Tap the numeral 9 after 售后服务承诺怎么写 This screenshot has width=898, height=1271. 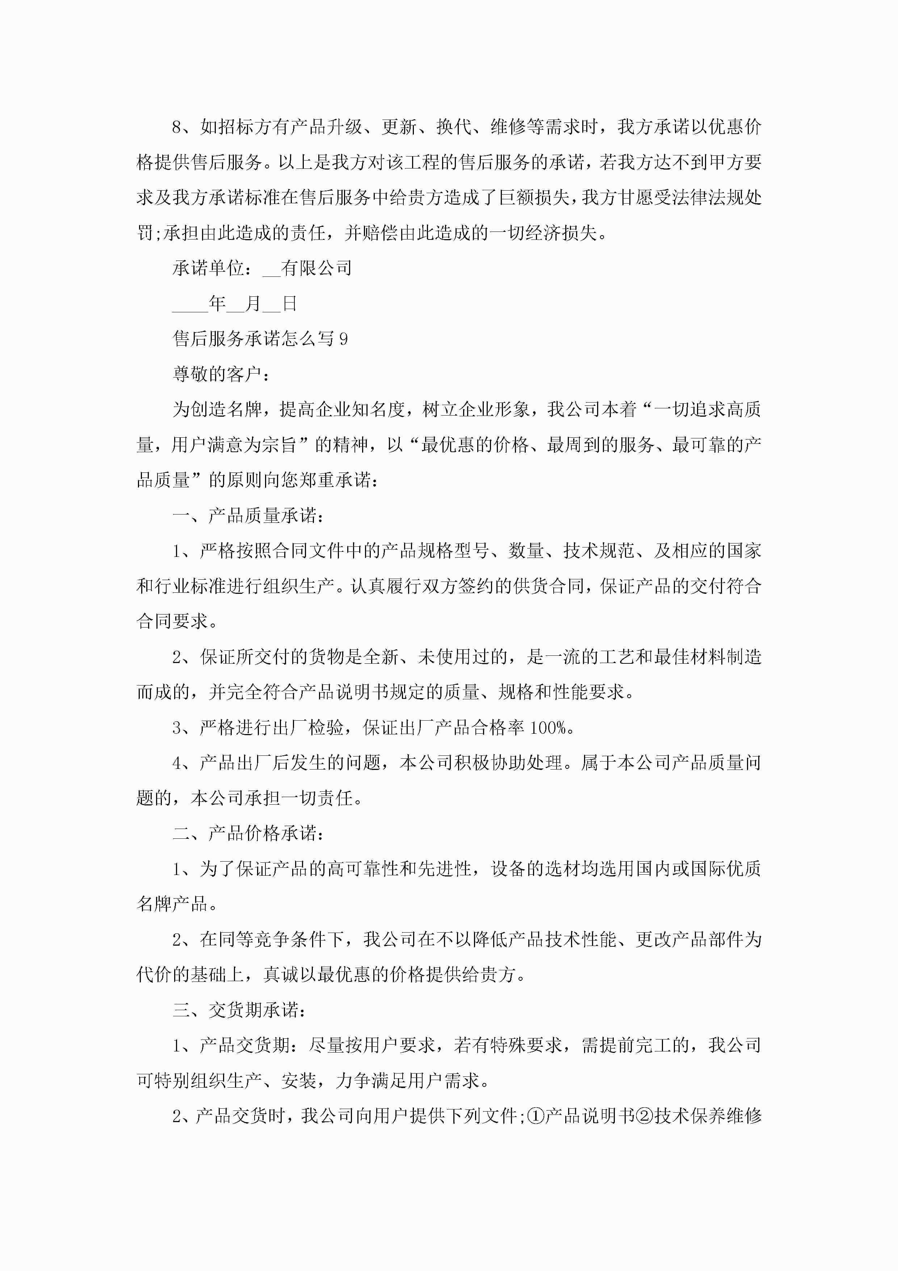click(x=344, y=339)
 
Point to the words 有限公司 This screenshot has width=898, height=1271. click(x=316, y=268)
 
